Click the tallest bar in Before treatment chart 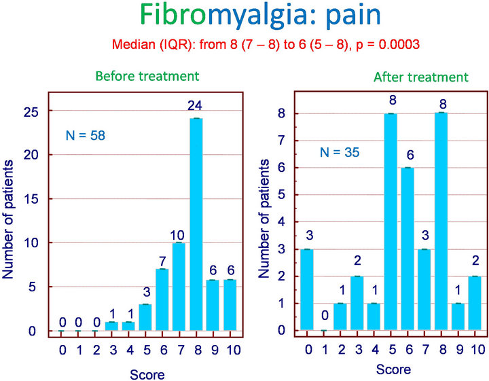click(196, 225)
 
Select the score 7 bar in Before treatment click(179, 287)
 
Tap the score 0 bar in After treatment click(307, 289)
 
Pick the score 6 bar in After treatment click(407, 249)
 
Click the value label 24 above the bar click(195, 106)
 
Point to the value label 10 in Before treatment click(177, 235)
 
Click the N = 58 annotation click(86, 136)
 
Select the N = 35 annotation click(340, 152)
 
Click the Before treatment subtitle click(147, 76)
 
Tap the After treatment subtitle click(421, 77)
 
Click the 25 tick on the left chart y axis click(31, 112)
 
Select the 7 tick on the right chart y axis click(282, 141)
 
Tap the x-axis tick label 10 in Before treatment click(233, 350)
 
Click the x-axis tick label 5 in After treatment click(392, 350)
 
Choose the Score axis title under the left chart click(147, 374)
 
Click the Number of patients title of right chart click(264, 219)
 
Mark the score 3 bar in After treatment click(357, 303)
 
